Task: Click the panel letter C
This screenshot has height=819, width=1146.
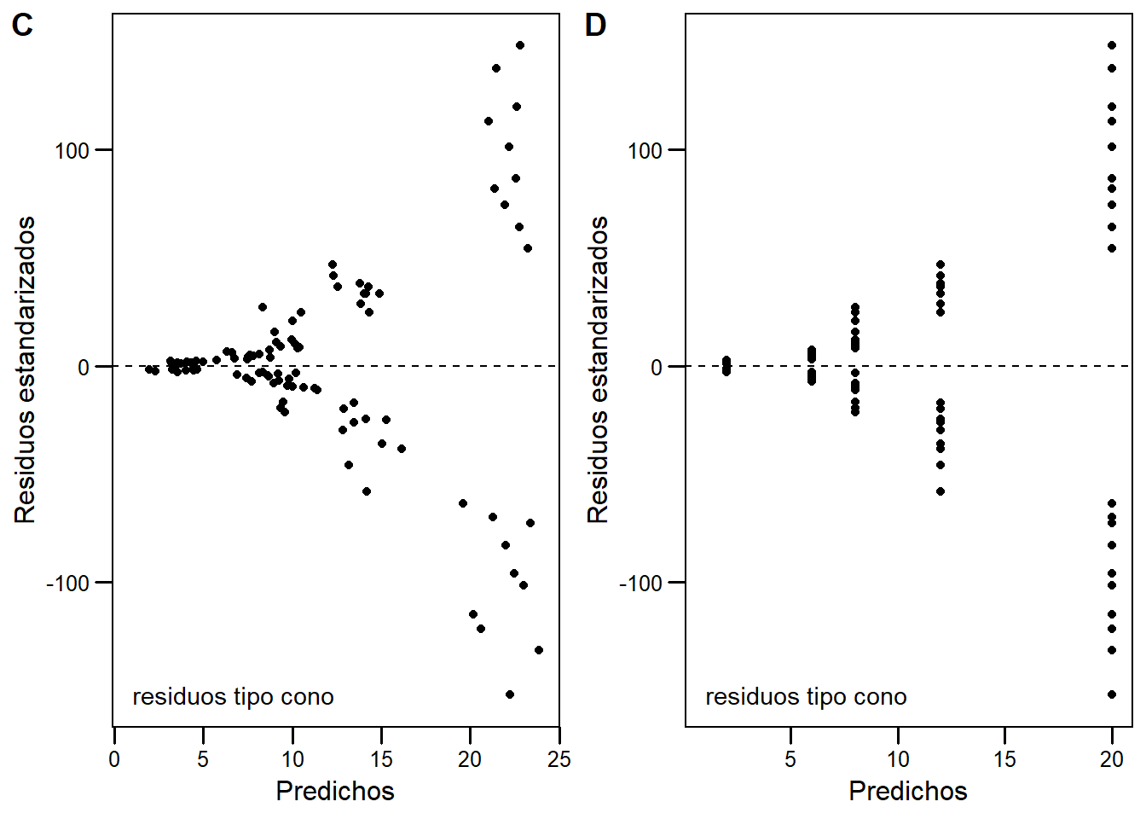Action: pos(22,26)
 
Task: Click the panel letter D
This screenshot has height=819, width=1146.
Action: pos(595,26)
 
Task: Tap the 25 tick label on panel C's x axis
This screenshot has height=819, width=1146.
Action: pos(559,759)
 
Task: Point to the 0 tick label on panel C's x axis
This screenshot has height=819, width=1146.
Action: pos(114,759)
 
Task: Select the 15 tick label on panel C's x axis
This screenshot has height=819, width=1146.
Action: pos(381,759)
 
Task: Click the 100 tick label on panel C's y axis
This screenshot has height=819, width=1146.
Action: pos(72,151)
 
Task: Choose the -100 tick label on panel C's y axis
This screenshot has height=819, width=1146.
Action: pos(67,584)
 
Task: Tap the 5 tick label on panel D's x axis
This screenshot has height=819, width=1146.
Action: pos(790,759)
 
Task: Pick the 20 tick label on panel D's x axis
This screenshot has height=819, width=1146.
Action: pos(1111,759)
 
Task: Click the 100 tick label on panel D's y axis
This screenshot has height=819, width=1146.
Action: pos(645,151)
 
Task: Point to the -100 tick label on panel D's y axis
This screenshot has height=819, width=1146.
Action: pos(640,584)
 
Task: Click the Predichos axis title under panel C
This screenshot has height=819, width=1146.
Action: pos(335,791)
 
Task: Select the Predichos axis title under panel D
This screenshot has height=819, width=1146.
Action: pos(908,791)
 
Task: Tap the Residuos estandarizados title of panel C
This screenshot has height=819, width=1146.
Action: pos(25,369)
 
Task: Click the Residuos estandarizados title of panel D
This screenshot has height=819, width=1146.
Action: pos(598,369)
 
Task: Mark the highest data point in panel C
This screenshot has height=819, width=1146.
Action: pos(520,45)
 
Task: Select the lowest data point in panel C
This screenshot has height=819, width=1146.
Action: pos(510,694)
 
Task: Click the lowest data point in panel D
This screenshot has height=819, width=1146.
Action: pos(1112,694)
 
